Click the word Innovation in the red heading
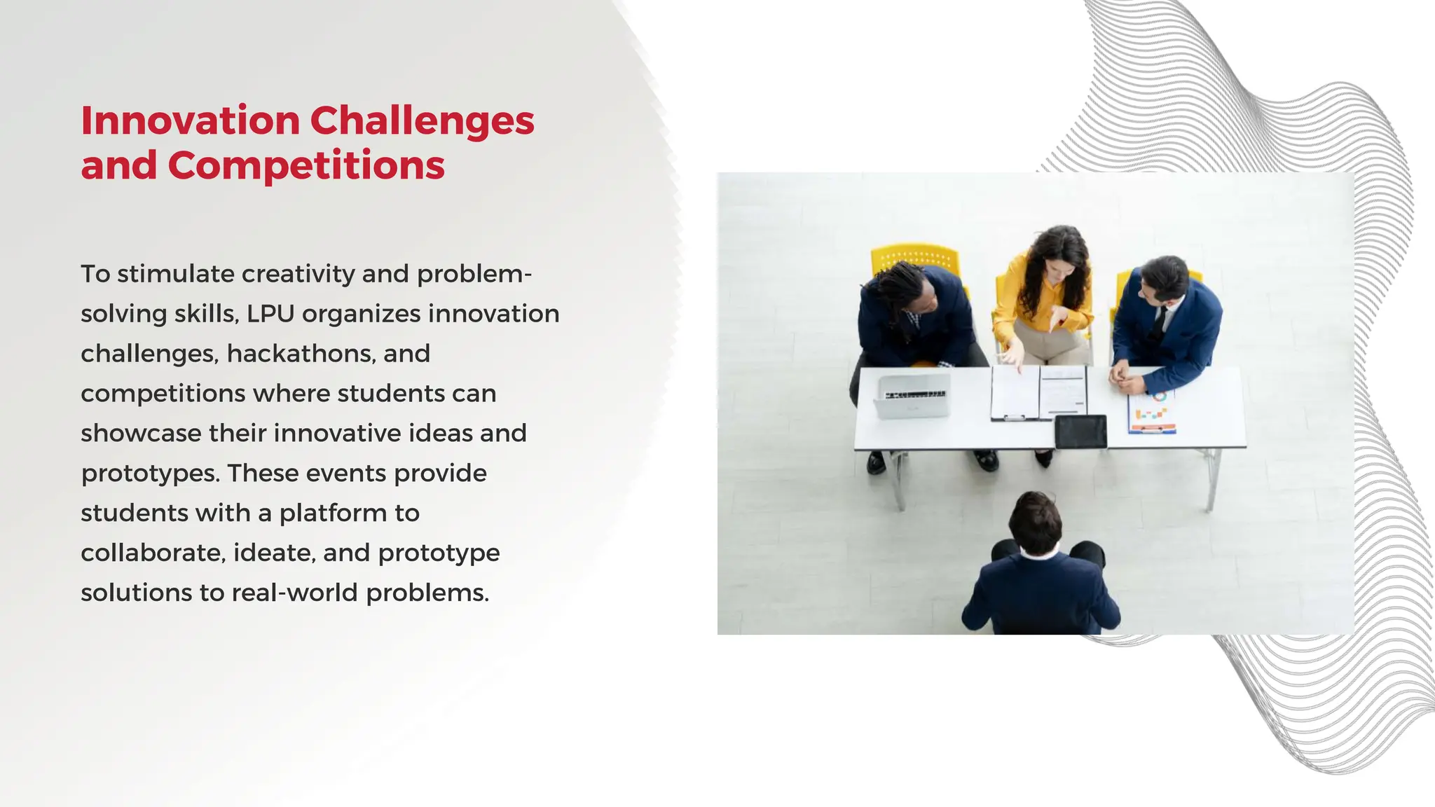(x=190, y=120)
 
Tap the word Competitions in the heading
(x=306, y=166)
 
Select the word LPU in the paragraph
(x=270, y=314)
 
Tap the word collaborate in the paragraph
(x=152, y=553)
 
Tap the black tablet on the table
(x=1080, y=432)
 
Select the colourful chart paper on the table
(x=1152, y=413)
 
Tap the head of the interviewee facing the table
(x=1036, y=522)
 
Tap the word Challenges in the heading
(x=422, y=120)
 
